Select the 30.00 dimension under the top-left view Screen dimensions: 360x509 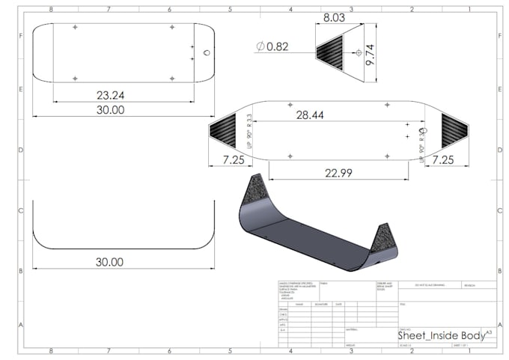[109, 109]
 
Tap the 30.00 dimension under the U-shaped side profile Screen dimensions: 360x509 [109, 262]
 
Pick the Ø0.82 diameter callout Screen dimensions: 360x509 [272, 46]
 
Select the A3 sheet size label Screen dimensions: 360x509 [489, 330]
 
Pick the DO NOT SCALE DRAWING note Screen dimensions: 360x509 [431, 286]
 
